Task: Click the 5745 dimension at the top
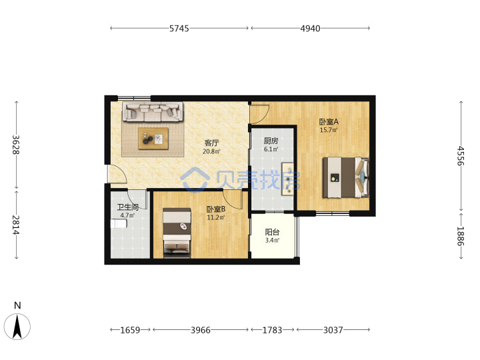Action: (179, 29)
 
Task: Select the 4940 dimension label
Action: (310, 29)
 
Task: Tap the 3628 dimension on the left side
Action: (16, 145)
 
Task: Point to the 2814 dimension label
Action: (16, 225)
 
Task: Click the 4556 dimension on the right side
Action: (461, 156)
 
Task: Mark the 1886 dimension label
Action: (461, 236)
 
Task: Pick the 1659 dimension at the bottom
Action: (130, 330)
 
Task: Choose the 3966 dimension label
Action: (201, 330)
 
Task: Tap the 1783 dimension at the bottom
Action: (272, 330)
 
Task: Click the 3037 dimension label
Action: (333, 330)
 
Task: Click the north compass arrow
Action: (17, 326)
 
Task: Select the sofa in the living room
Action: (153, 111)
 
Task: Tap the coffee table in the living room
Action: (153, 139)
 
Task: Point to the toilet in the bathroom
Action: (119, 224)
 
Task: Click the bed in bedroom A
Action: (346, 177)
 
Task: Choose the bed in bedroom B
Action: (177, 233)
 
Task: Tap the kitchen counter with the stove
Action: (287, 179)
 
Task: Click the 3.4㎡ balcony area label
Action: (272, 241)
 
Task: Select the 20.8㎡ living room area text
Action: (211, 151)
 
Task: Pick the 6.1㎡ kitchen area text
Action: (271, 149)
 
